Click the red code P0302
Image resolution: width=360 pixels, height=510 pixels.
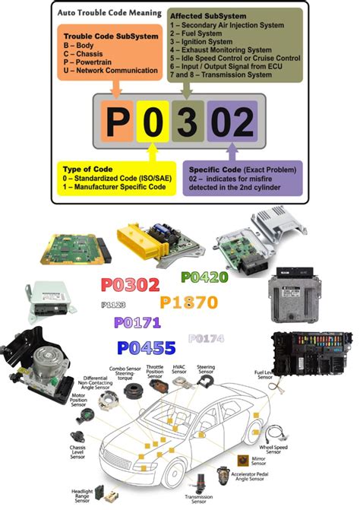[130, 286]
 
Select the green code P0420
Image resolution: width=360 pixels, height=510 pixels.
[204, 278]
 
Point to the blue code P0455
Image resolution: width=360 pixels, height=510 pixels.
[147, 348]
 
